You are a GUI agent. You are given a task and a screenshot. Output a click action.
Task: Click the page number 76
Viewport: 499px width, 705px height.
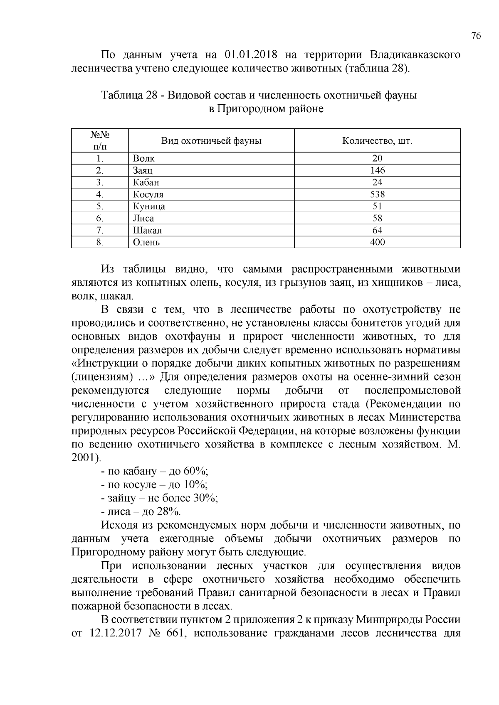(x=476, y=36)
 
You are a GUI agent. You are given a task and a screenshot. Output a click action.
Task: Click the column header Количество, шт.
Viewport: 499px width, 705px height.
(x=377, y=141)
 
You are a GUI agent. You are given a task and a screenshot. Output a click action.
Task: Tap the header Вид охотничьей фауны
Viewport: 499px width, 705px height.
(x=211, y=141)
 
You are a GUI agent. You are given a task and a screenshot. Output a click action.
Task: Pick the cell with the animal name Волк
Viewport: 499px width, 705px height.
(x=143, y=158)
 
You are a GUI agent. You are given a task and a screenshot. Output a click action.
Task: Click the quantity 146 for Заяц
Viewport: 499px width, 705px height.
(x=378, y=170)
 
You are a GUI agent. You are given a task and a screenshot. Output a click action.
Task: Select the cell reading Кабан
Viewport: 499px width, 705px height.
(x=146, y=182)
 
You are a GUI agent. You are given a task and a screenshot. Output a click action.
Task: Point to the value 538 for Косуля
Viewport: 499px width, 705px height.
(x=378, y=194)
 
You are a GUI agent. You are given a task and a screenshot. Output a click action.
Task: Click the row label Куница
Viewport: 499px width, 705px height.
(x=149, y=206)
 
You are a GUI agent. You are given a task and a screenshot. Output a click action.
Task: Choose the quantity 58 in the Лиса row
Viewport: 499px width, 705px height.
(x=378, y=219)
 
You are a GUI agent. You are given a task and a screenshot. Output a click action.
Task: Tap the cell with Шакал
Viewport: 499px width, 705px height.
(x=147, y=231)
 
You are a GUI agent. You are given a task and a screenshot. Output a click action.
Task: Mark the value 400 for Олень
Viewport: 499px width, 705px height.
(x=378, y=242)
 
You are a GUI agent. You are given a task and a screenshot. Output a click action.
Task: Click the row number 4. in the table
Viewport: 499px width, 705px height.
(x=99, y=194)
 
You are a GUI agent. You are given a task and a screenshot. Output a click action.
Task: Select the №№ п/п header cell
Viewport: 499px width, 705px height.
(x=99, y=141)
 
